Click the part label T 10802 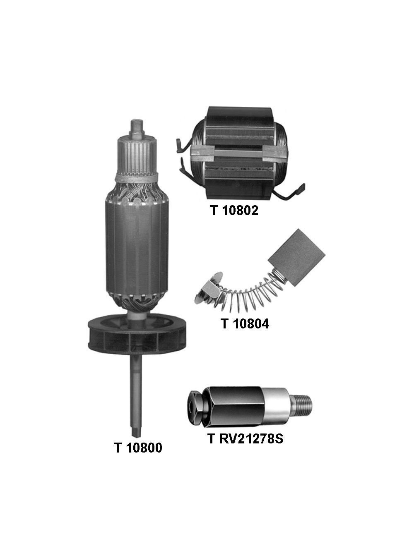pos(234,211)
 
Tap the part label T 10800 pos(138,448)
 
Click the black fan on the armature pos(136,333)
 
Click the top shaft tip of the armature pos(136,125)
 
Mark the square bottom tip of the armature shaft pos(137,430)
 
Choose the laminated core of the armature pos(136,244)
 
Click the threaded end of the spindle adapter pos(306,402)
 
